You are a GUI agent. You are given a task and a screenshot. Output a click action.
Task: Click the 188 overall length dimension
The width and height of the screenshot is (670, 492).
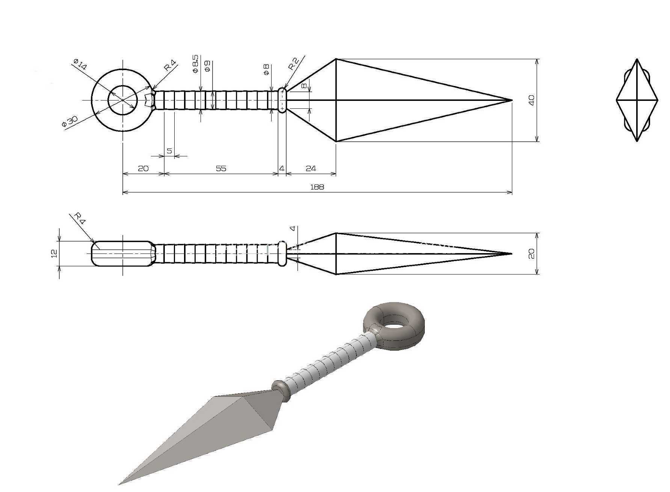tap(317, 186)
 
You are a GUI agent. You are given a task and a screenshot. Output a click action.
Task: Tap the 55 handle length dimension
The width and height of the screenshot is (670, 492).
tap(221, 168)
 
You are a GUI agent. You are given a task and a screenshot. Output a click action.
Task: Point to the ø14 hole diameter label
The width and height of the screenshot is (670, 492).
tap(80, 64)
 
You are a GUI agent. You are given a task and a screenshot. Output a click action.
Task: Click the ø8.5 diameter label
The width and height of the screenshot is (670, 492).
tap(195, 64)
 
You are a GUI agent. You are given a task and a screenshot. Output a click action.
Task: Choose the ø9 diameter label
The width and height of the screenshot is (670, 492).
tap(207, 66)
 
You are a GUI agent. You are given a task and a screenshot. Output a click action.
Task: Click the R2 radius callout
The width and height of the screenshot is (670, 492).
tap(294, 64)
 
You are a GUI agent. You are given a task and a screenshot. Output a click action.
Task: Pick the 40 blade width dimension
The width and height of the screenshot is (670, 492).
tap(531, 100)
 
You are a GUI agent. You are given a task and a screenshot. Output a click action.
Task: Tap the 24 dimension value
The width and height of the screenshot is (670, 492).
tap(311, 168)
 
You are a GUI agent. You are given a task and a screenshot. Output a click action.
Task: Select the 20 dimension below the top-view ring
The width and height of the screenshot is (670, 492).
tap(143, 168)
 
